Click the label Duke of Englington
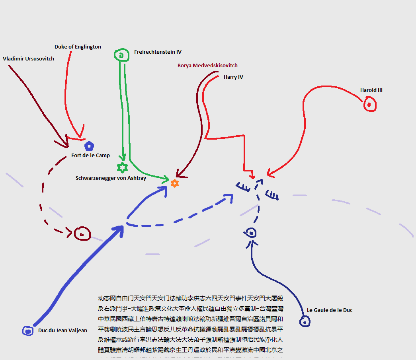[x=78, y=47]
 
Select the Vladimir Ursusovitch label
[x=28, y=59]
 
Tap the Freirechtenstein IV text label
[x=158, y=52]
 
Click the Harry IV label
[x=233, y=77]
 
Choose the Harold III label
[x=371, y=90]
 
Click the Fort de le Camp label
[x=90, y=156]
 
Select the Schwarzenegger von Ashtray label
[x=111, y=178]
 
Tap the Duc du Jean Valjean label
[x=62, y=331]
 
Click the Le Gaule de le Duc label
[x=329, y=310]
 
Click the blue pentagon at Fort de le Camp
[x=89, y=146]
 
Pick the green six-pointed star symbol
[x=122, y=168]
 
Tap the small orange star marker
[x=174, y=183]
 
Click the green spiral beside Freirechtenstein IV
[x=121, y=55]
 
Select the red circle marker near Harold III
[x=369, y=105]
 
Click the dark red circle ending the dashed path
[x=82, y=234]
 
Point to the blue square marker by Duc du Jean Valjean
[x=27, y=330]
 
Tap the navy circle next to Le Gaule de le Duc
[x=305, y=321]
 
